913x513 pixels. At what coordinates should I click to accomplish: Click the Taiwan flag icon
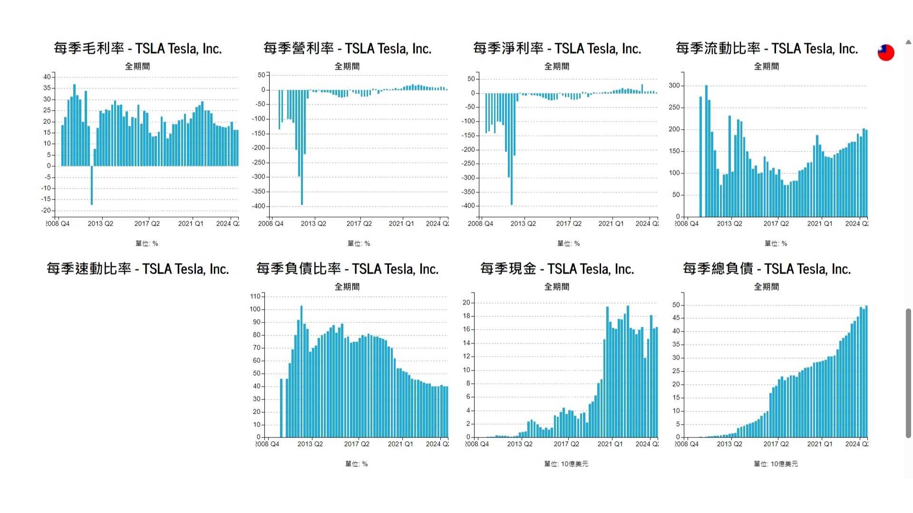885,52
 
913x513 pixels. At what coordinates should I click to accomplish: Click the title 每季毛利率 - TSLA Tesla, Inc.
137,48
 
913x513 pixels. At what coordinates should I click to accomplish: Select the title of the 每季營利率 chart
347,48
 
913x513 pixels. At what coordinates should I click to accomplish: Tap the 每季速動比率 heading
137,269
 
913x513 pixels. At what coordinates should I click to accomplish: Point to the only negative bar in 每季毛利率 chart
92,185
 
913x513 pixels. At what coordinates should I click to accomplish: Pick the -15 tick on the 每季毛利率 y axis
47,199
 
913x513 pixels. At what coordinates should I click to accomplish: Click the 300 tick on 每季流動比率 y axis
674,86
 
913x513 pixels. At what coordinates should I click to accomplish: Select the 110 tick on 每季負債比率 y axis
255,296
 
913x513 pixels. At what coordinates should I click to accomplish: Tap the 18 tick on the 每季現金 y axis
466,316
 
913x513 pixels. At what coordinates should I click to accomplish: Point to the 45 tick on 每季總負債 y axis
676,318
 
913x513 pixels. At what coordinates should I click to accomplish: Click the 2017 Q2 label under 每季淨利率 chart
569,224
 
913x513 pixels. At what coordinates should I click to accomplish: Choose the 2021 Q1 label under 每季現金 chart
610,444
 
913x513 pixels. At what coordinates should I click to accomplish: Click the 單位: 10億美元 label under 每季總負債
776,464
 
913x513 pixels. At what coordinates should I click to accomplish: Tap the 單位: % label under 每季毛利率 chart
146,244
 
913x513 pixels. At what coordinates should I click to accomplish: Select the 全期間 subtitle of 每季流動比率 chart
767,66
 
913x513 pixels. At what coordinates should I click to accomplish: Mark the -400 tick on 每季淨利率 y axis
468,206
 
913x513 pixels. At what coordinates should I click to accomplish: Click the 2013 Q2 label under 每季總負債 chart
729,444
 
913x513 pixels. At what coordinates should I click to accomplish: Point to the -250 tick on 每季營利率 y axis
258,163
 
